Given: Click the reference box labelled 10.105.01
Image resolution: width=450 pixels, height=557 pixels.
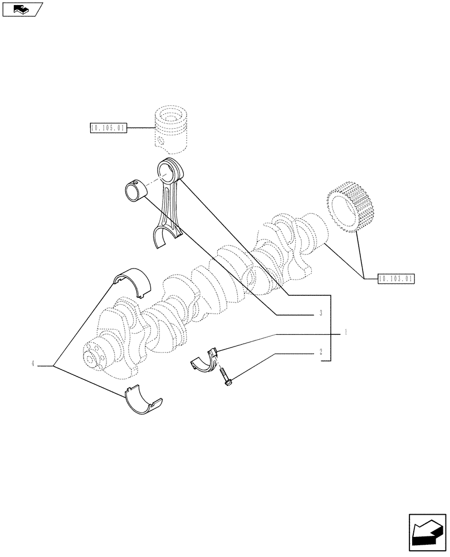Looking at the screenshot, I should [x=108, y=129].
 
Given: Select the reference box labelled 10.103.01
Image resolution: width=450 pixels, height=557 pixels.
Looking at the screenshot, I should [x=396, y=278].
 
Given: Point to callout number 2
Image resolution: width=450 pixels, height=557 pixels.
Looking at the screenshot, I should [x=321, y=351].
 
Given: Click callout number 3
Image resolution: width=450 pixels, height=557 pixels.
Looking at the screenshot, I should [x=321, y=314].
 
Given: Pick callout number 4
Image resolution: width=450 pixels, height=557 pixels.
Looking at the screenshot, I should [x=33, y=364].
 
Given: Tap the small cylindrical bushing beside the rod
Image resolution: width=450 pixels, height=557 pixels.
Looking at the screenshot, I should [x=135, y=190].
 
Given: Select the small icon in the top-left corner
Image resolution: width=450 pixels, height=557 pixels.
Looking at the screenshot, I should [x=22, y=9].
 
